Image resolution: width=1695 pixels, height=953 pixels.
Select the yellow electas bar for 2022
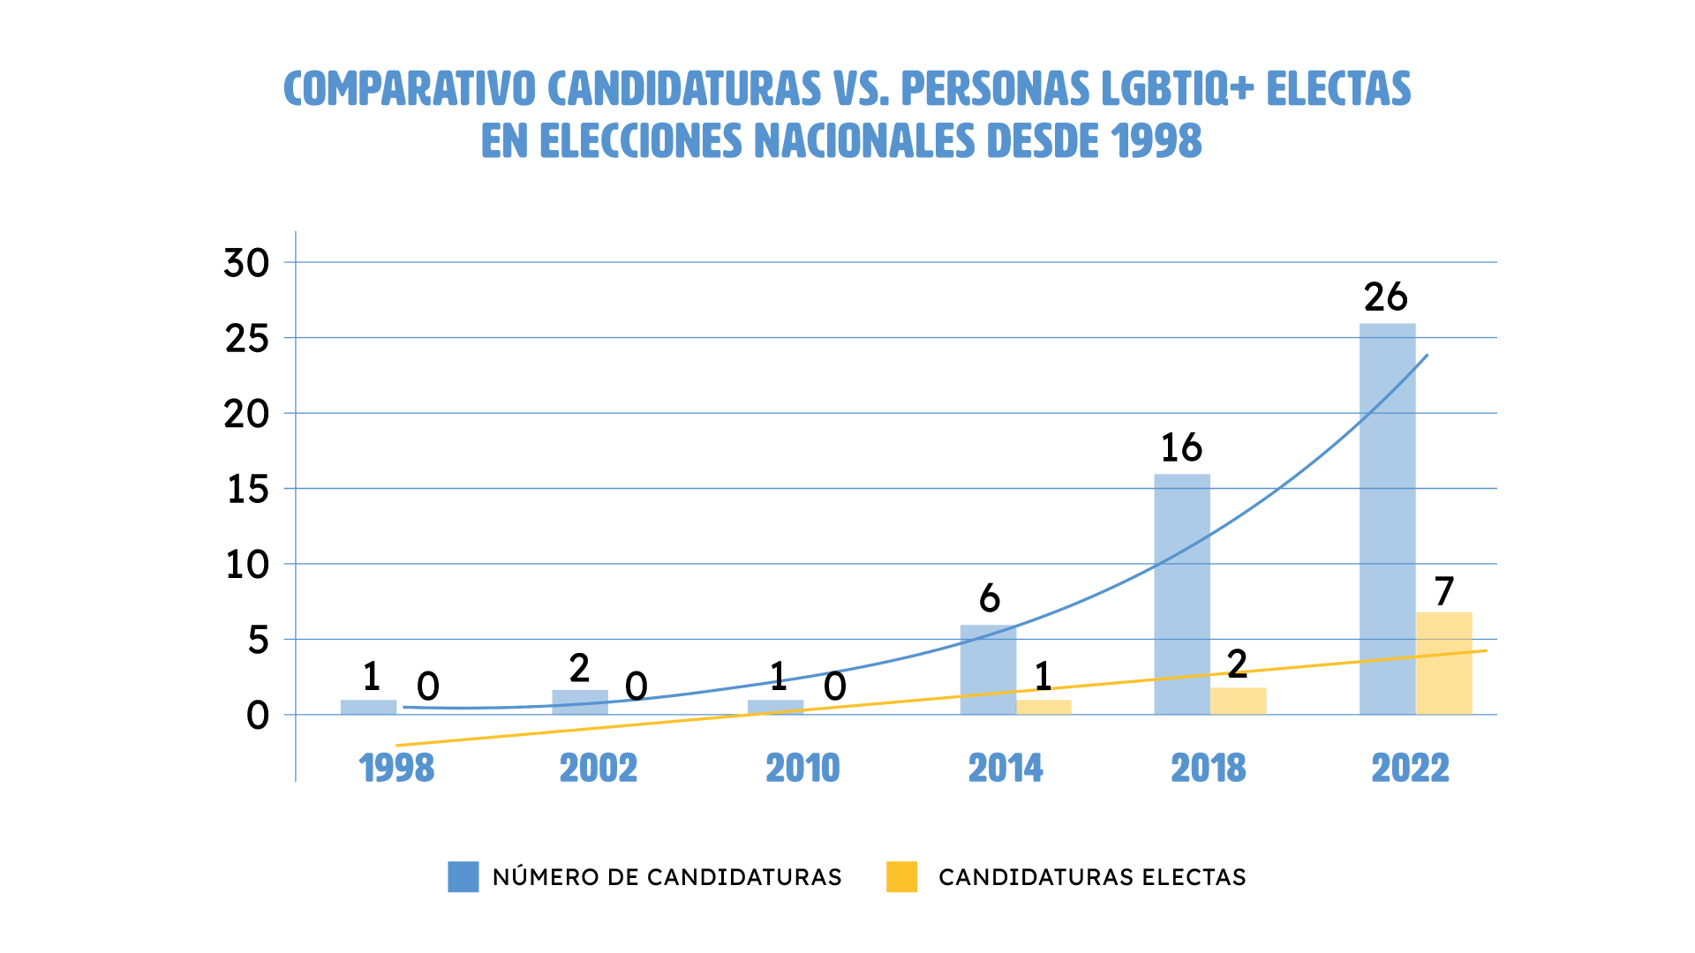pos(1443,664)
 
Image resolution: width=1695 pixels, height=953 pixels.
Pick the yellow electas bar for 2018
pos(1238,701)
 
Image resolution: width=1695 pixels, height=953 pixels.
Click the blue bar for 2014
pos(988,670)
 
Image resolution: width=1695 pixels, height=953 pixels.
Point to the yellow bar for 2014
pos(1043,707)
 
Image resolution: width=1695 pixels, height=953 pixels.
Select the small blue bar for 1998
pos(368,707)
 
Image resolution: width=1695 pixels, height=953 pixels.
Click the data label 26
pos(1385,297)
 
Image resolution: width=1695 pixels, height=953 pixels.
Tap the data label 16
pos(1181,448)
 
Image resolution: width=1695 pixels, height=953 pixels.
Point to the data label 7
pos(1443,591)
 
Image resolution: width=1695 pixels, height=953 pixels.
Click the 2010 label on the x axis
pos(802,768)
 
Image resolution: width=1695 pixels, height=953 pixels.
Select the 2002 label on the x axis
pos(599,768)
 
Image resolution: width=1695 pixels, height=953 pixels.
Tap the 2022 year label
pos(1410,768)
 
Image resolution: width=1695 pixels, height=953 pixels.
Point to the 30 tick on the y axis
pos(246,263)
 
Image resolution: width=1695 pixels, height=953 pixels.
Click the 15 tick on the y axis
pos(247,489)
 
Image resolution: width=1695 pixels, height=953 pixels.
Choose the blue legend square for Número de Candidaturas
pos(463,876)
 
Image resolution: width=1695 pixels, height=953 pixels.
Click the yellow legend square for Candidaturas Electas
pos(901,876)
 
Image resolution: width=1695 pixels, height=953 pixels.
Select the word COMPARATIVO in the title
pos(409,88)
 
